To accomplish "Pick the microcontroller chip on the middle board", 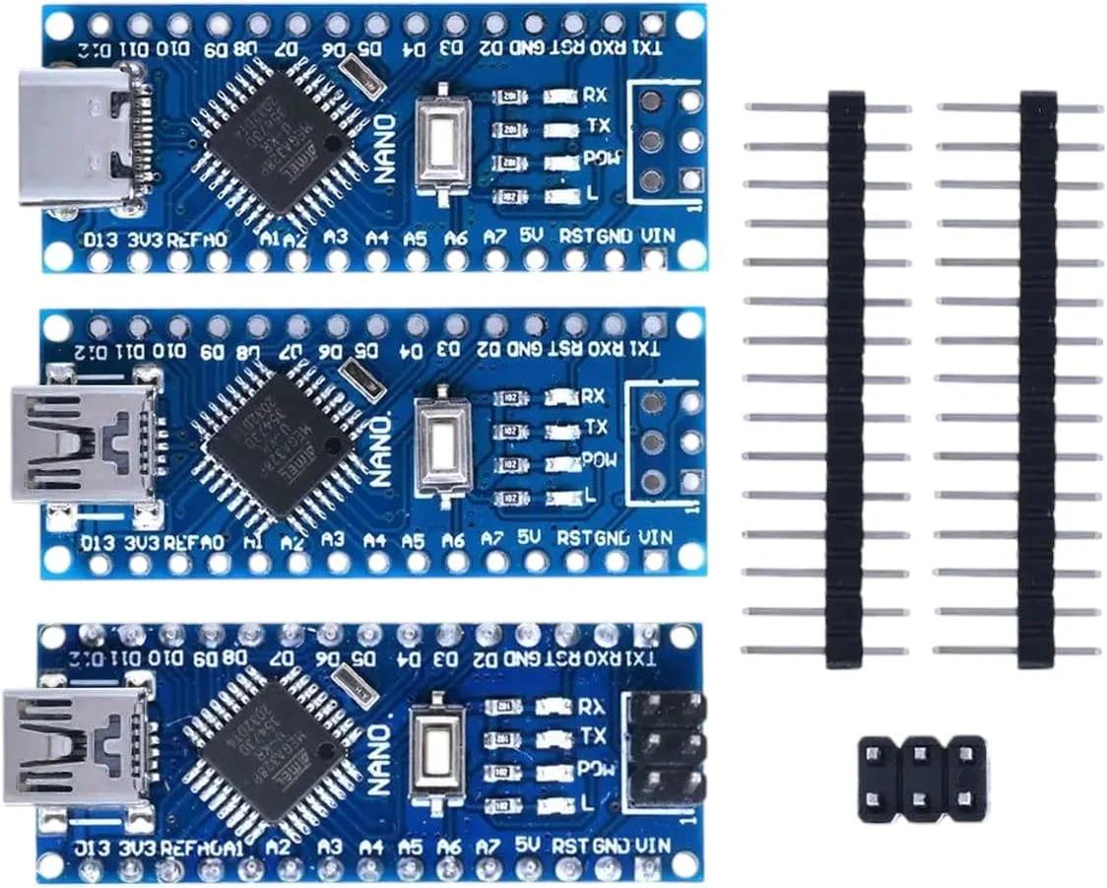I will tap(277, 443).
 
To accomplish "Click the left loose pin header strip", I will tap(844, 379).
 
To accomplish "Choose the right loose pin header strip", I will tap(1036, 379).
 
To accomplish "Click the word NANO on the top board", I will tap(385, 147).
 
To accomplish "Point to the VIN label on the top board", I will tap(656, 237).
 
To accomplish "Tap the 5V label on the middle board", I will tap(530, 538).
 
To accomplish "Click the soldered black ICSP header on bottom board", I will tap(666, 750).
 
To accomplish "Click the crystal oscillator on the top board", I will tap(361, 76).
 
